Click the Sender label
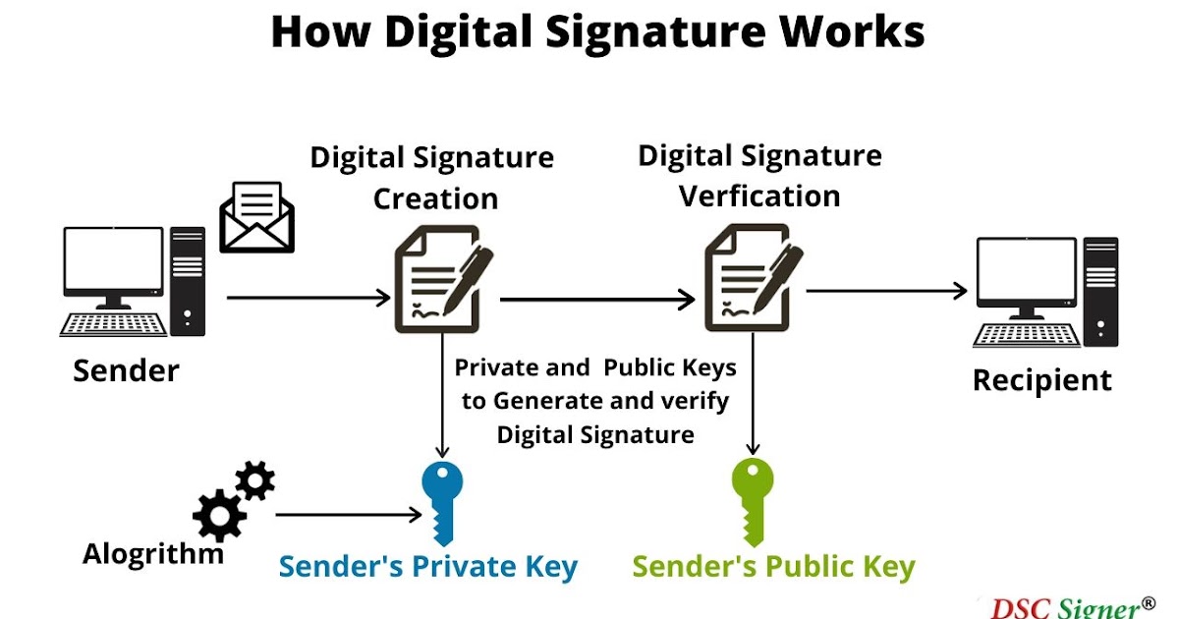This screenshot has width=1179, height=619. [x=127, y=371]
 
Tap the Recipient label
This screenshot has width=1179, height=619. [x=1042, y=380]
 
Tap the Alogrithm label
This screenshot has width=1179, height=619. [x=152, y=553]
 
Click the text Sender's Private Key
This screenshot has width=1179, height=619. [x=428, y=567]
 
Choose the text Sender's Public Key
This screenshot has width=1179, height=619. [x=773, y=567]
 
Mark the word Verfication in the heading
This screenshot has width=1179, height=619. [x=759, y=196]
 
